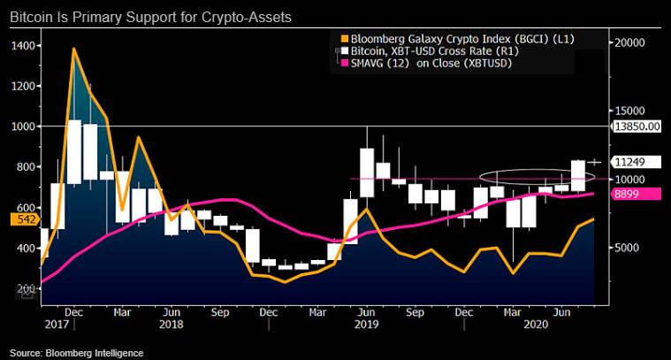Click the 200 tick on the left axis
pyautogui.click(x=24, y=289)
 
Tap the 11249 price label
pyautogui.click(x=629, y=162)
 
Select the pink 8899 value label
pyautogui.click(x=627, y=193)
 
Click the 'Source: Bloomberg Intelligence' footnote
pyautogui.click(x=76, y=353)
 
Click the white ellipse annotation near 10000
pyautogui.click(x=525, y=178)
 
